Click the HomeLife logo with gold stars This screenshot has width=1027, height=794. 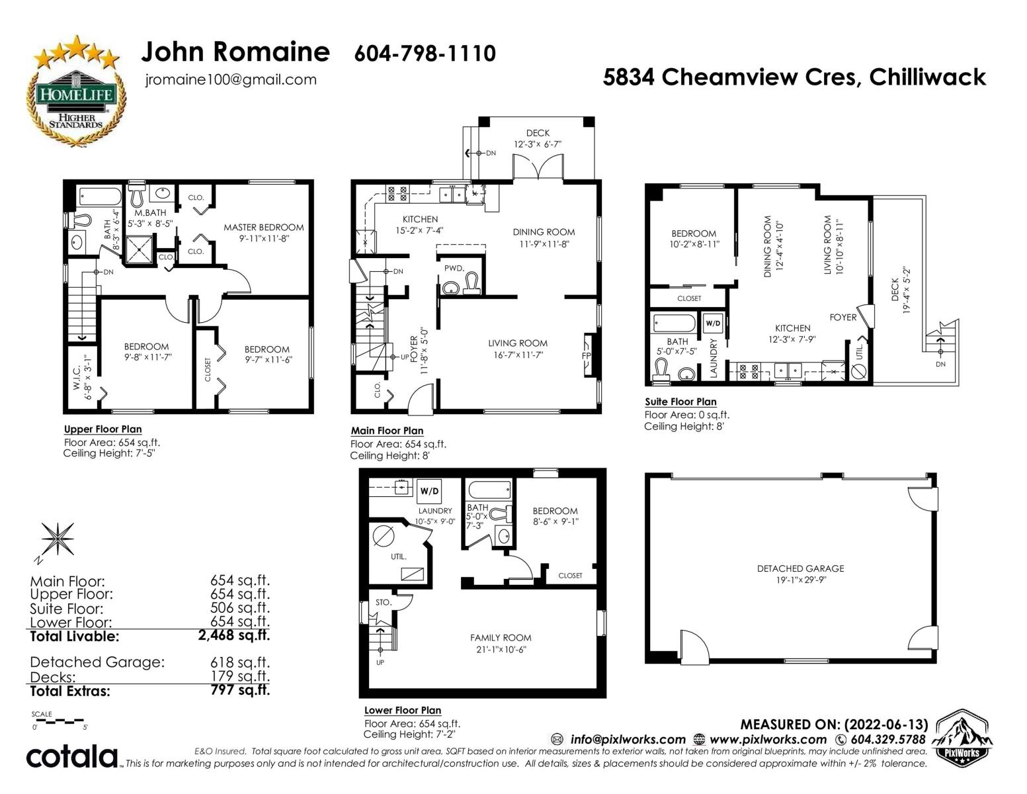pos(76,91)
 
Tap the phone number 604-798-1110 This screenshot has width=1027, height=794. pos(425,54)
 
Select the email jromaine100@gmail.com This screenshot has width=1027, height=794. pos(231,79)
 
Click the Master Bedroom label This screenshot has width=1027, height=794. pos(264,228)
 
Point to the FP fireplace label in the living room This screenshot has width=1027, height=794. pos(586,355)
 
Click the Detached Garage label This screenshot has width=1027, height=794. pos(800,568)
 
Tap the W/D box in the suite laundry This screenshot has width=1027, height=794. pos(713,324)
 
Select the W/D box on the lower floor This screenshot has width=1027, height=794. pos(429,491)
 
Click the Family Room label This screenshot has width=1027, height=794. pos(501,637)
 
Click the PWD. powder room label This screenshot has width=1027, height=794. pos(454,268)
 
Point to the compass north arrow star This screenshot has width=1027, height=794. pos(57,539)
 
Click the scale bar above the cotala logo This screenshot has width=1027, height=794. pos(60,722)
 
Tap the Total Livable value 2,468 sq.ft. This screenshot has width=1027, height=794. pos(234,635)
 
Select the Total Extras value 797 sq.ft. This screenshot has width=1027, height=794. pos(240,690)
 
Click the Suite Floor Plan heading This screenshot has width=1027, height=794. pos(680,402)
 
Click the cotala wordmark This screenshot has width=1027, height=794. pos(71,756)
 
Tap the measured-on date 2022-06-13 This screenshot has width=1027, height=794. pos(886,725)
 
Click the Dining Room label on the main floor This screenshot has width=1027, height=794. pos(544,232)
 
